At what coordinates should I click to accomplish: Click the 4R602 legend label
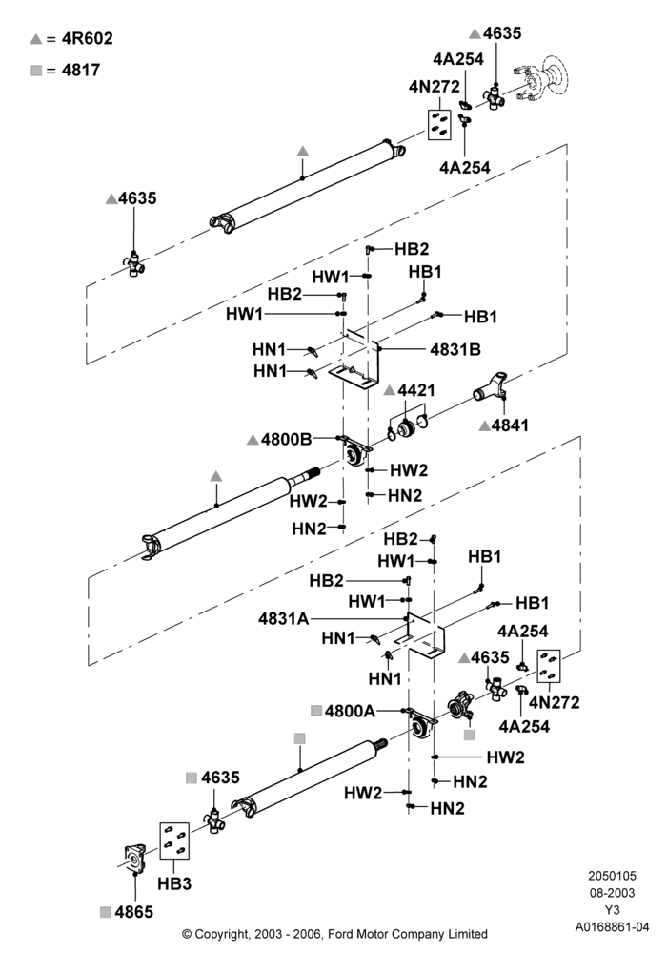88,38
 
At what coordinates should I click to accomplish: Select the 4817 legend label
81,70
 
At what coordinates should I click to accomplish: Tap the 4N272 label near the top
435,87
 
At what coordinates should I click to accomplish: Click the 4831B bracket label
455,349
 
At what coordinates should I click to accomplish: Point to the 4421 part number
416,390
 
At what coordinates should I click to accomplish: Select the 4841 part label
511,425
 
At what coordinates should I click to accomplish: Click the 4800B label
286,439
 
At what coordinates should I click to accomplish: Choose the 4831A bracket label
284,619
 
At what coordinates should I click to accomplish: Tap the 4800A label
350,711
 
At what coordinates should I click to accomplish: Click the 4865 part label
134,911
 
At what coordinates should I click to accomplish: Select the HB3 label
174,883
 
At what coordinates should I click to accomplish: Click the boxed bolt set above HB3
174,840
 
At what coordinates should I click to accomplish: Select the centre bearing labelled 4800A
421,724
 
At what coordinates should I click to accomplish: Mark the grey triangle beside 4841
484,426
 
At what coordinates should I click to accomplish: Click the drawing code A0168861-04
612,927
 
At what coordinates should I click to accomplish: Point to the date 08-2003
612,893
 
